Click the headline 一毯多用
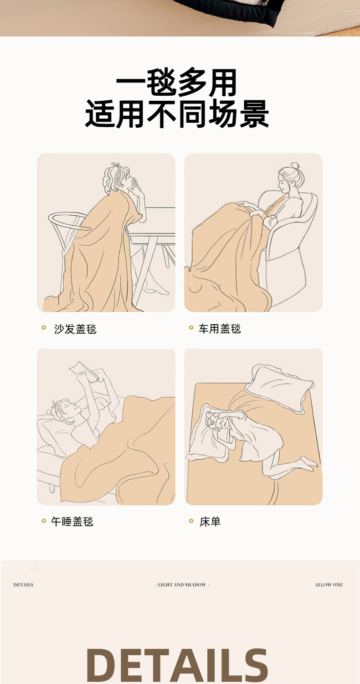pos(176,83)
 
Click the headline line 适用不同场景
pos(177,114)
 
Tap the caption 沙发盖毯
pos(75,329)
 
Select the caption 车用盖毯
pos(220,329)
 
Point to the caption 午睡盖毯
pos(72,521)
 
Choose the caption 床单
pos(210,522)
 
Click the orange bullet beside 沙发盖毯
pos(44,328)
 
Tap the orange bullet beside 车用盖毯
pos(191,328)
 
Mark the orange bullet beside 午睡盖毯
pos(44,521)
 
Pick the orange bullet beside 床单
pos(191,521)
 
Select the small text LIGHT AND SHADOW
pos(182,585)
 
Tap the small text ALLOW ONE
pos(329,585)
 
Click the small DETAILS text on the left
pos(24,585)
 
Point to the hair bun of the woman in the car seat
pos(295,166)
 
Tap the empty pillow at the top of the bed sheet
pos(279,388)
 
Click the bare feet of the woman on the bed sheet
pos(308,463)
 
